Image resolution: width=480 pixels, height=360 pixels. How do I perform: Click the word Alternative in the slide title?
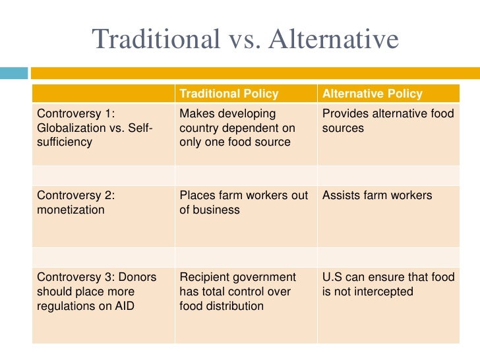click(334, 40)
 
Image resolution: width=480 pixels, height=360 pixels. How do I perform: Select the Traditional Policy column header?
click(229, 94)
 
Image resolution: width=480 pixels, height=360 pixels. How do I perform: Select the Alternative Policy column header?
click(373, 94)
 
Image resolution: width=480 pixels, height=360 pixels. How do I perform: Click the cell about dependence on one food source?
click(237, 127)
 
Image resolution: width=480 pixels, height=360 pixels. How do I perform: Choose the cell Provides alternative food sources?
click(388, 120)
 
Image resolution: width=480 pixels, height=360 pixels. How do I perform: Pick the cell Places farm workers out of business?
click(243, 202)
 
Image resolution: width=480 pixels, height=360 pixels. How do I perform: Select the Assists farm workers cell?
click(377, 195)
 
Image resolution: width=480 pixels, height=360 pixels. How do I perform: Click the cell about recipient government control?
click(238, 291)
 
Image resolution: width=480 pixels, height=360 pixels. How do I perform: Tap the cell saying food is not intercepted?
click(388, 284)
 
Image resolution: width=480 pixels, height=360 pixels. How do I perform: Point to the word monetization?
click(71, 210)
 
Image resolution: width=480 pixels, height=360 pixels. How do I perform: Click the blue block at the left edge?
click(14, 73)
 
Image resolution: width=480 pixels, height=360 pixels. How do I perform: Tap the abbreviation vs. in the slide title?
click(243, 40)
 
